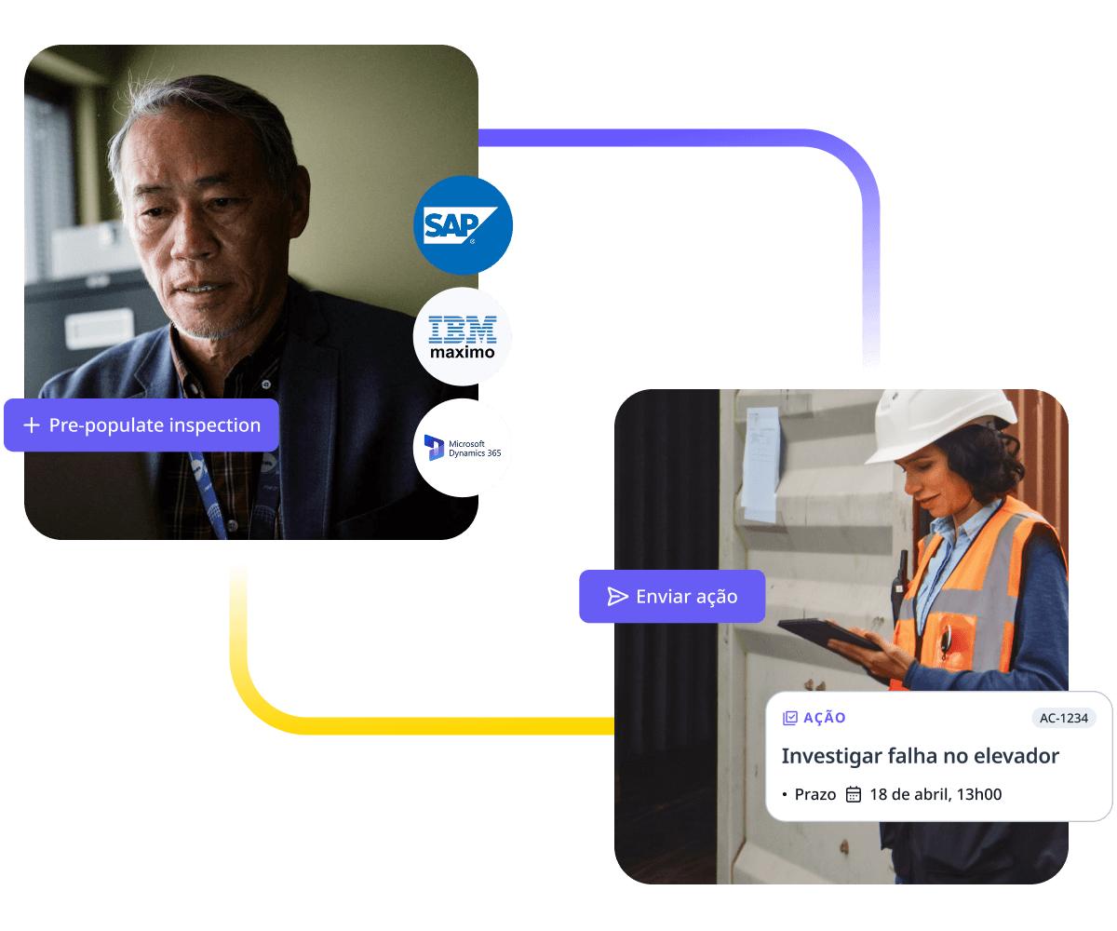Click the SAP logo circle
coord(463,225)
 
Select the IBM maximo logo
coord(463,337)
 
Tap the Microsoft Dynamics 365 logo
coord(463,448)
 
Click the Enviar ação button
coord(672,597)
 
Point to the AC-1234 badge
coord(1064,718)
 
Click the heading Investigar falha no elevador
coord(920,756)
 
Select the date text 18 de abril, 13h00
coord(935,794)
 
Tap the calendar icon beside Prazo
coord(854,794)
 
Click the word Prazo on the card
coord(815,794)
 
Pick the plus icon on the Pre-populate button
coord(32,425)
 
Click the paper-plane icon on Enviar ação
coord(618,597)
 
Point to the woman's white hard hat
coord(940,422)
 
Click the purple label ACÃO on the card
coord(825,718)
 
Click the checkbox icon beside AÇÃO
coord(790,718)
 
